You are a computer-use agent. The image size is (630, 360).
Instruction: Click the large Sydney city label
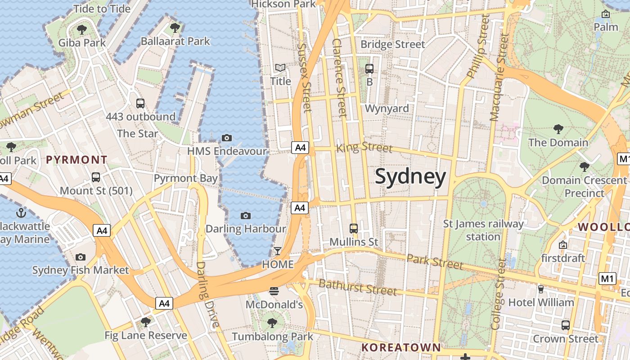tap(410, 176)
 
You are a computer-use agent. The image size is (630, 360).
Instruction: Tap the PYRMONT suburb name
tap(76, 159)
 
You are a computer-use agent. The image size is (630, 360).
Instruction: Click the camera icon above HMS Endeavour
tap(227, 138)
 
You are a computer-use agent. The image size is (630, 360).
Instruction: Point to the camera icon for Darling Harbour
tap(245, 216)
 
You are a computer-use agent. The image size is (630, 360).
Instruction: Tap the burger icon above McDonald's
tap(274, 291)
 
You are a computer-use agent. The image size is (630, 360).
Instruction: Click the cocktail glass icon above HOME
tap(278, 251)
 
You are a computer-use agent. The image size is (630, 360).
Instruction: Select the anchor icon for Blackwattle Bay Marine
tap(21, 212)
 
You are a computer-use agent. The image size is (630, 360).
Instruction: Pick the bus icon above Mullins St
tap(354, 229)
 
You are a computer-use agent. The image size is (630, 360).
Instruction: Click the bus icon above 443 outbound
tap(140, 103)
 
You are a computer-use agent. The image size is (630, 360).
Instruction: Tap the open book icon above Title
tap(280, 68)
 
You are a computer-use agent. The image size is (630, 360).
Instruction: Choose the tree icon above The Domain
tap(558, 129)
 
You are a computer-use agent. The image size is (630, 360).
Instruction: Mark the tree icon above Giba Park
tap(81, 30)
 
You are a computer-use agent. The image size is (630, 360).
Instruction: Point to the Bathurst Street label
tap(358, 287)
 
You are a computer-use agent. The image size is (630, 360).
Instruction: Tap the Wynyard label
tap(387, 108)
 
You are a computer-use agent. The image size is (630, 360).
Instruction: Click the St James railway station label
tap(483, 230)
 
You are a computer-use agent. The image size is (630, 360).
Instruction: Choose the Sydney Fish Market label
tap(81, 270)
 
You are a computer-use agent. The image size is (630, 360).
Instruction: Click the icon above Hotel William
tap(541, 289)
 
